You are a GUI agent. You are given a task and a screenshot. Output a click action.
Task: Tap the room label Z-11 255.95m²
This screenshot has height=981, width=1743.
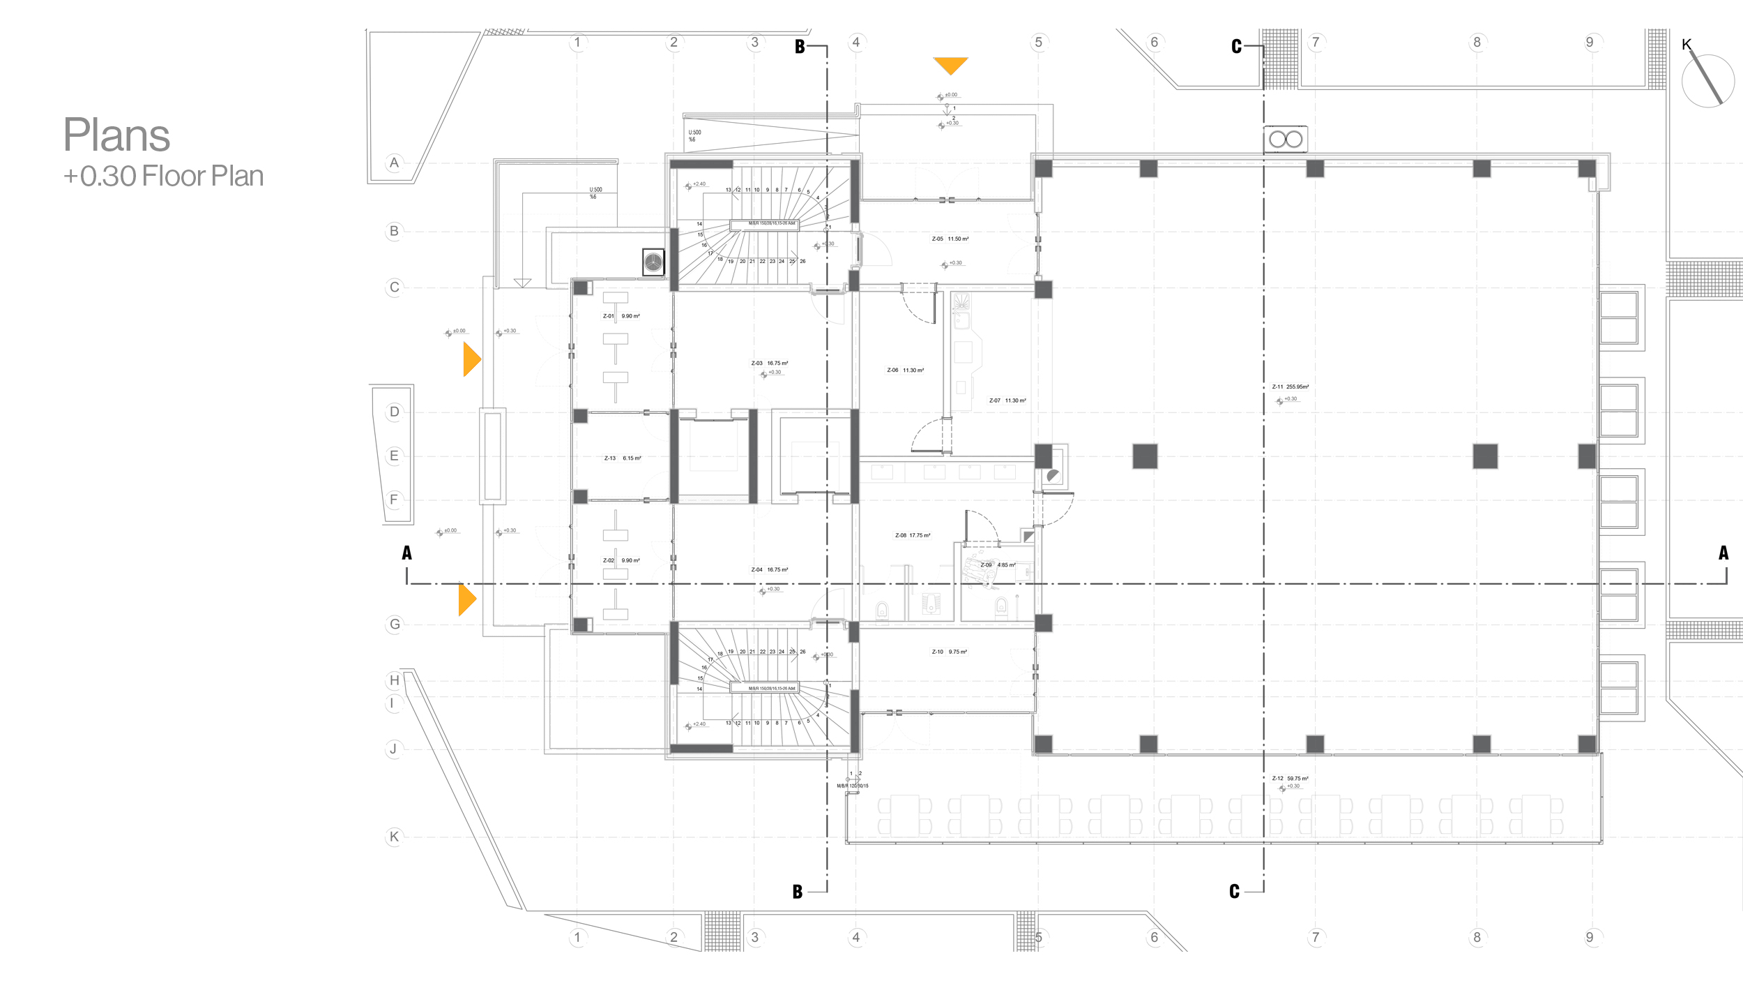point(1290,387)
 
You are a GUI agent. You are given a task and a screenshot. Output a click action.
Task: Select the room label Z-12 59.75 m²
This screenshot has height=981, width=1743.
point(1290,778)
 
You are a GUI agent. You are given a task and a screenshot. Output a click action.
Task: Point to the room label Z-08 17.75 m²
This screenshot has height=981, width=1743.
point(912,535)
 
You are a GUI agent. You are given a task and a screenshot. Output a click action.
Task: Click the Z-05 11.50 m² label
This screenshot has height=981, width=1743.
point(950,239)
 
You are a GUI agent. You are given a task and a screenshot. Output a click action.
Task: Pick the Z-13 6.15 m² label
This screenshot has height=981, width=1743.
point(622,458)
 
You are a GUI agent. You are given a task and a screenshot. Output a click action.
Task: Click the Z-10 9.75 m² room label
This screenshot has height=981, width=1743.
point(949,652)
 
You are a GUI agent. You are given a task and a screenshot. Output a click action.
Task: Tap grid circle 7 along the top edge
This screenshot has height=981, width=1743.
point(1315,43)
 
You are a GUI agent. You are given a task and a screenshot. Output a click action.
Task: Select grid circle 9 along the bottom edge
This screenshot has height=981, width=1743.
point(1589,937)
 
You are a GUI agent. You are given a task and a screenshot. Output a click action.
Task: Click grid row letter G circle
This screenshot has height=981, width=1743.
point(395,624)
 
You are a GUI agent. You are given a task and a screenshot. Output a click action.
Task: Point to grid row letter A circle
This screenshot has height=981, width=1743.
point(395,163)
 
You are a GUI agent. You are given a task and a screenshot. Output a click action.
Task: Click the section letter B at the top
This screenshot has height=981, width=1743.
point(800,47)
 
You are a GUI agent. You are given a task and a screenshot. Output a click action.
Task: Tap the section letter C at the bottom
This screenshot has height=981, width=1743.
point(1234,891)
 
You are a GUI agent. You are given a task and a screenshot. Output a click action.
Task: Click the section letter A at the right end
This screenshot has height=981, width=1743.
point(1723,553)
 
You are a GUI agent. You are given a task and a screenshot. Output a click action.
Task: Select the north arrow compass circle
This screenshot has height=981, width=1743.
point(1707,81)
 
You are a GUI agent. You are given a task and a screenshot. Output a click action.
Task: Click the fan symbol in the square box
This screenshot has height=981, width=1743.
point(653,262)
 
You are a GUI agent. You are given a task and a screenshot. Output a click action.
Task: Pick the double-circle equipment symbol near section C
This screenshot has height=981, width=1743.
point(1286,140)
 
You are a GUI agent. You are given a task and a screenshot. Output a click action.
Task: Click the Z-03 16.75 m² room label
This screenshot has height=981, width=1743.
point(769,363)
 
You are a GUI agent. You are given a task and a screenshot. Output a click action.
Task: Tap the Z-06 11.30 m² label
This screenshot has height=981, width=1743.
point(905,370)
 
